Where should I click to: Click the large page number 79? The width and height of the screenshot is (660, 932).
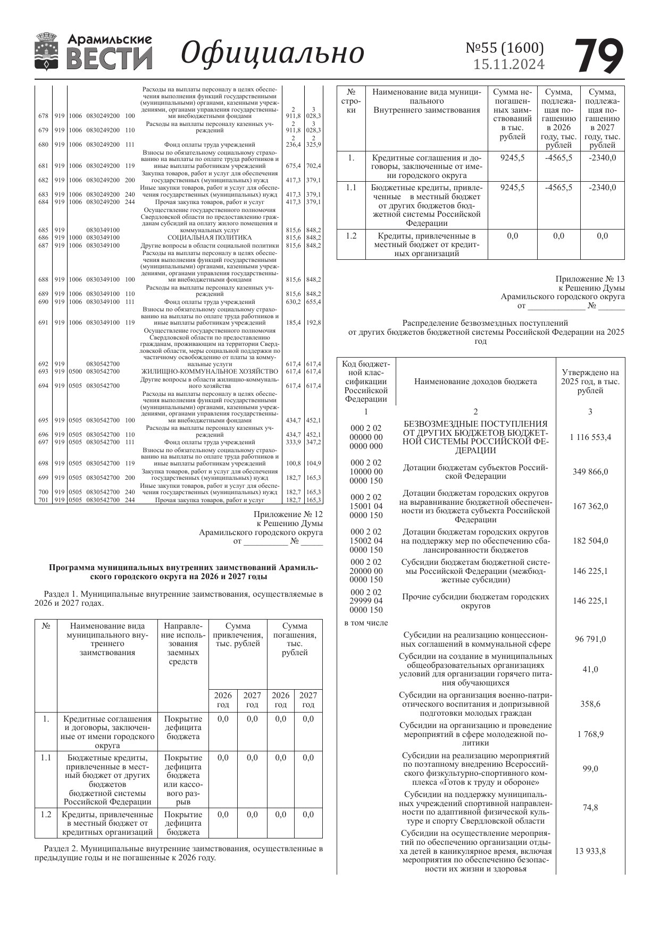tap(599, 56)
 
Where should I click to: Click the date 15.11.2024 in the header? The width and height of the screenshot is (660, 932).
tap(509, 64)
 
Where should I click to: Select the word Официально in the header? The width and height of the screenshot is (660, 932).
tap(272, 53)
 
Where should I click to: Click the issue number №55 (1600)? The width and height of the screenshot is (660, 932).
tap(505, 48)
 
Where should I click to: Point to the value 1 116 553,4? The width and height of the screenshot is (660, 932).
tap(590, 437)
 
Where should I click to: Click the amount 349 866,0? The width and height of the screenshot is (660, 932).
tap(590, 472)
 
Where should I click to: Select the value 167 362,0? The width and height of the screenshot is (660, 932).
tap(590, 506)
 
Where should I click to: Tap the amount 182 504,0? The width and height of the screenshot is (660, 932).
tap(590, 541)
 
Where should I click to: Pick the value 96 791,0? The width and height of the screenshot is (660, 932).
tap(590, 639)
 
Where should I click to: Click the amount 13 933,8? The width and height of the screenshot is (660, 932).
tap(590, 851)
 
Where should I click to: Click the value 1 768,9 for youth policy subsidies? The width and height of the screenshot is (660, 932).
tap(590, 734)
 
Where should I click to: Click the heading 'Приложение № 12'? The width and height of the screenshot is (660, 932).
tap(288, 514)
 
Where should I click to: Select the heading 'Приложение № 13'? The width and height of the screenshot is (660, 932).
tap(590, 279)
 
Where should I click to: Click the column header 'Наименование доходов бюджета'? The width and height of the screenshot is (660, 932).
tap(475, 382)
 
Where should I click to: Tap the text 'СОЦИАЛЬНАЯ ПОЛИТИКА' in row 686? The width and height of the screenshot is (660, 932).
tap(210, 238)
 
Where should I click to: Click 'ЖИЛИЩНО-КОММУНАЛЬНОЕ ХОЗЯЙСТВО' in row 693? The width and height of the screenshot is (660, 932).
tap(210, 371)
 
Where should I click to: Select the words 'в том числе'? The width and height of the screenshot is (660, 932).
tap(366, 623)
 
